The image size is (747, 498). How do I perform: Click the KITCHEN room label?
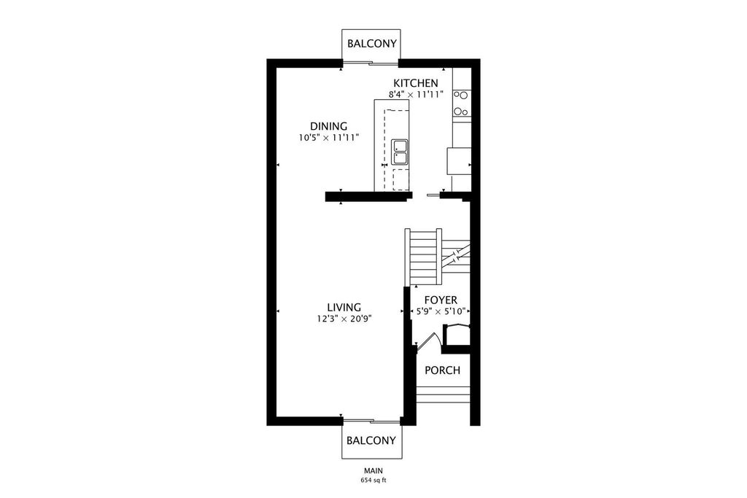coord(415,83)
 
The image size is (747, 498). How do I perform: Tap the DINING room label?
coord(329,126)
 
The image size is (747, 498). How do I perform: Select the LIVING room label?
coord(344,308)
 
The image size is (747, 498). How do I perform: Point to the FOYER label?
coord(441,300)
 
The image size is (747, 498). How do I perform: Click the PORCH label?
coord(443,370)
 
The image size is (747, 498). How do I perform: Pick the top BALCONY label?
coord(371,44)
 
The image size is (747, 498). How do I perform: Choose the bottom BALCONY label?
coord(371,440)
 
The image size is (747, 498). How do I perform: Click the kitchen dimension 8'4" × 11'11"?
coord(416,94)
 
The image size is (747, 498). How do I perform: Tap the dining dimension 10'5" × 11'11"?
coord(329,138)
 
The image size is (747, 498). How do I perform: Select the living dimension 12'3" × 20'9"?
coord(344,319)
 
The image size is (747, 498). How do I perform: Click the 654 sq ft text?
coord(373,481)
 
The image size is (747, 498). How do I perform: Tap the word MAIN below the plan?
coord(373,471)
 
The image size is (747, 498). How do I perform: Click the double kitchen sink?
coord(400,152)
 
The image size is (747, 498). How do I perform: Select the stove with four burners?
coord(461,103)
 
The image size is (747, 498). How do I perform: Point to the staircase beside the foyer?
coord(438,257)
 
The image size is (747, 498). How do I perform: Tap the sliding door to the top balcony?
coord(370,63)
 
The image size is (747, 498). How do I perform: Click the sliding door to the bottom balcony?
coord(371,421)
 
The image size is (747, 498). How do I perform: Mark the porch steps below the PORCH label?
coord(444,394)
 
